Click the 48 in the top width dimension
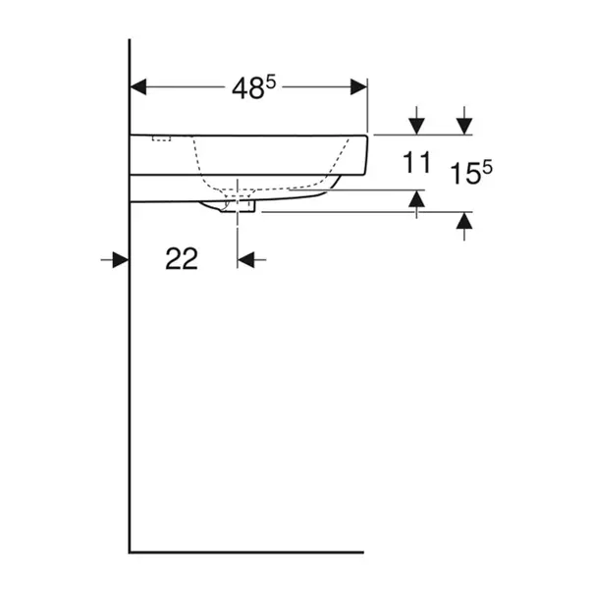(245, 89)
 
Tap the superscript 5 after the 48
(269, 82)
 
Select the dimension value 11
(416, 163)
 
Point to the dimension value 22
(182, 259)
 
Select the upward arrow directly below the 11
(416, 200)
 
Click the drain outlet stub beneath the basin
(244, 207)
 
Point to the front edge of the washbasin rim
(369, 153)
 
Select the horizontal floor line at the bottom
(245, 553)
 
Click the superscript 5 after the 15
(487, 168)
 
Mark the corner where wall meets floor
(130, 553)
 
